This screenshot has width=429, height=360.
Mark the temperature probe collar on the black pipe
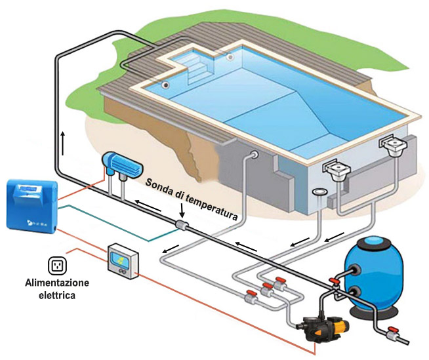pyautogui.click(x=180, y=225)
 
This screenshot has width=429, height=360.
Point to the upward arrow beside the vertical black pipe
pyautogui.click(x=63, y=139)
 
